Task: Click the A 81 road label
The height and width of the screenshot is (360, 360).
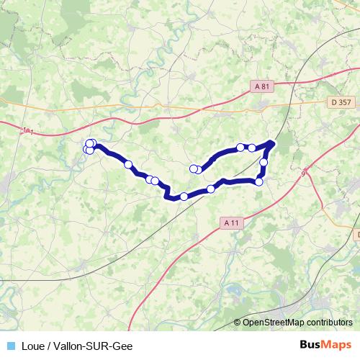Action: pos(264,86)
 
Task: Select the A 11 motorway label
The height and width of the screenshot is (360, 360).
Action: pos(231,223)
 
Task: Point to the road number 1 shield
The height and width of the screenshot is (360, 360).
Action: pos(28,131)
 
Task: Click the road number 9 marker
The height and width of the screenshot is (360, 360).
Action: pos(304,173)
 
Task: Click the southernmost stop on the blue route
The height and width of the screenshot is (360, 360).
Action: pos(184,197)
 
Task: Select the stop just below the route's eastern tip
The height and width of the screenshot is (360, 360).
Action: pos(264,163)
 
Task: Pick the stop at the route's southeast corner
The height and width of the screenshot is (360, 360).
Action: pos(258,181)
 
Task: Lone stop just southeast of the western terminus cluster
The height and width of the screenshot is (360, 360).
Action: pos(129,165)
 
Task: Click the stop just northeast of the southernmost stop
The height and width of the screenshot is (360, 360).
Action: pos(211,189)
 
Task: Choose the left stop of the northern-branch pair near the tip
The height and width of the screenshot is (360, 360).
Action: pos(240,147)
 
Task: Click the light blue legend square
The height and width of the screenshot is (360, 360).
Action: pos(9,346)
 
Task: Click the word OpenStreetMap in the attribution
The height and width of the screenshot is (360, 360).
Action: pos(273,322)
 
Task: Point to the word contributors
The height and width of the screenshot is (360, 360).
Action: pos(328,322)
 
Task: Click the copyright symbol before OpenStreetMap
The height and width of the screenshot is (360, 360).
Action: pos(238,322)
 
